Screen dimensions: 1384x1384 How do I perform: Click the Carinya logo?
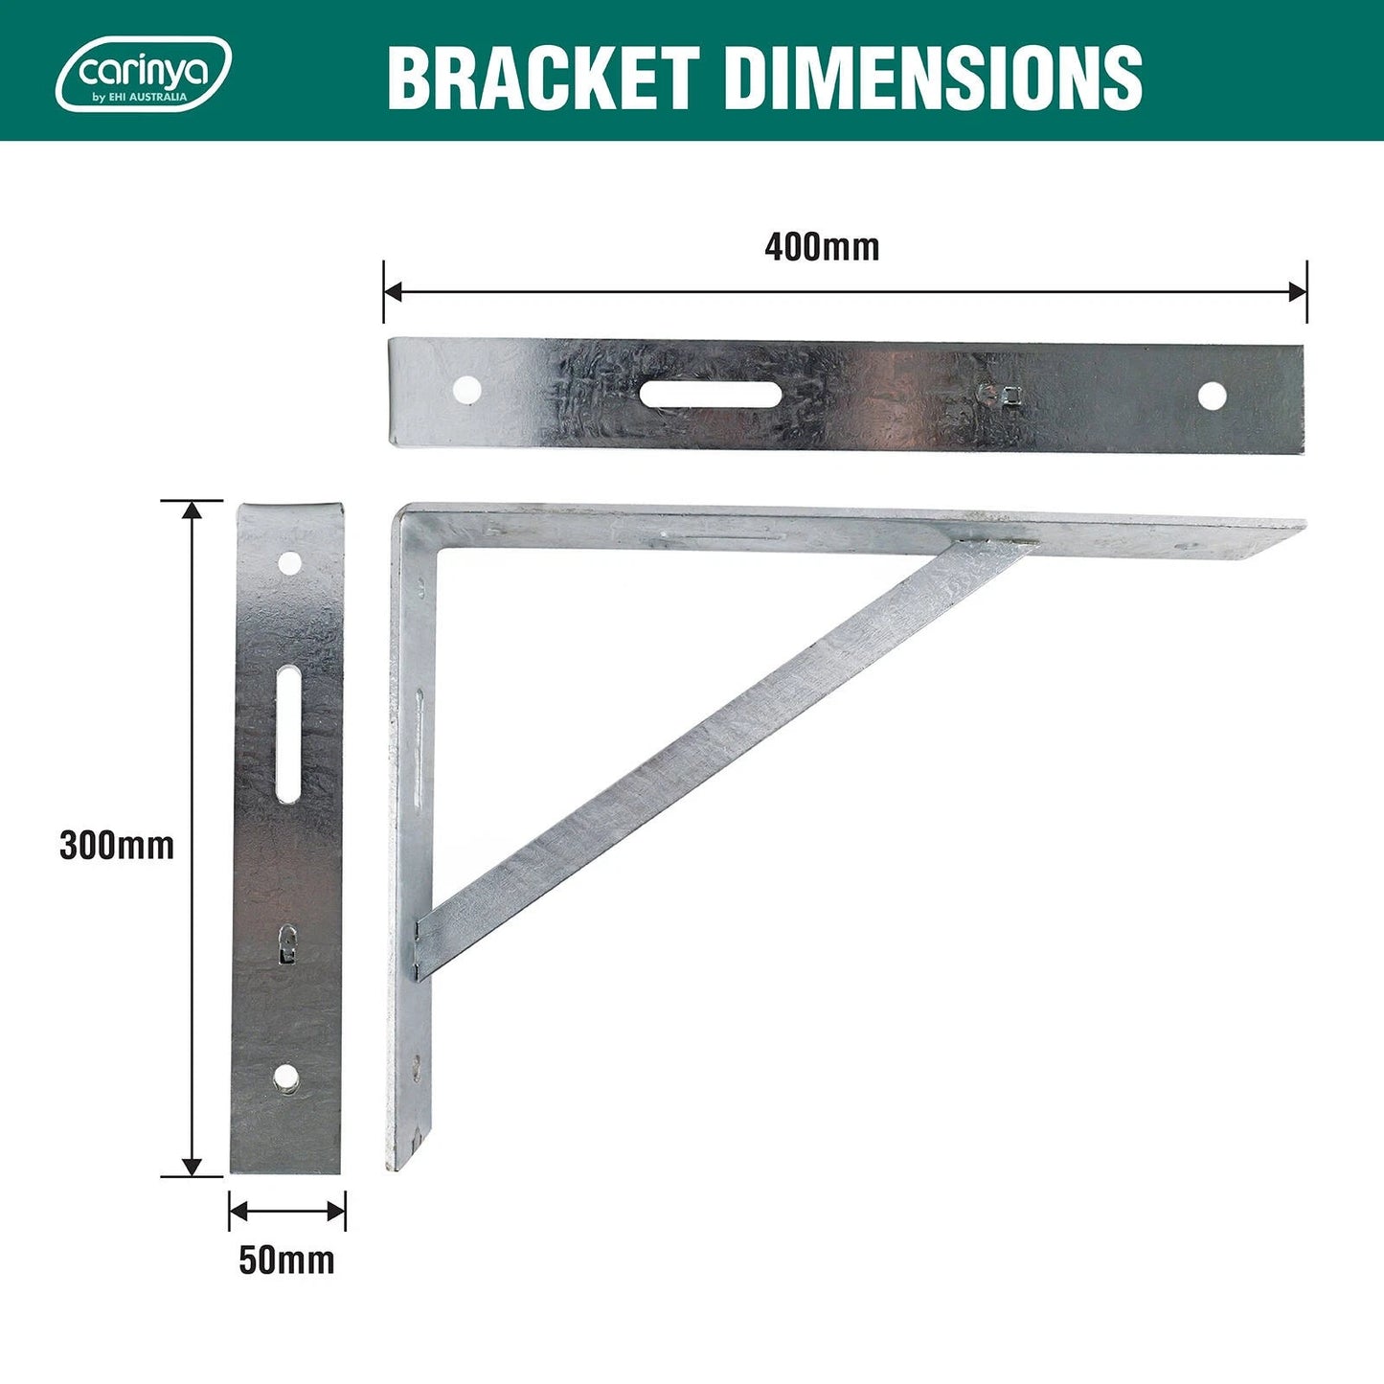(x=144, y=74)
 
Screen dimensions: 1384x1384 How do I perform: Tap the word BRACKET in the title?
(x=542, y=77)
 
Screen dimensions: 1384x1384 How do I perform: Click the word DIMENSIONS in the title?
(x=933, y=77)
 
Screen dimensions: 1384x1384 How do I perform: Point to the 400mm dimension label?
(x=822, y=247)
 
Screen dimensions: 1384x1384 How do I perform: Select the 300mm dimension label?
(x=117, y=846)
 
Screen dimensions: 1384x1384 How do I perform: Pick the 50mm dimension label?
(x=286, y=1260)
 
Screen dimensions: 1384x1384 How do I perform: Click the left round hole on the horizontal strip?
(x=466, y=389)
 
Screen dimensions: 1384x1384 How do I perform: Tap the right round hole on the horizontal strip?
(x=1212, y=396)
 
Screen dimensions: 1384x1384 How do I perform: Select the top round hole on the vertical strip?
(x=288, y=563)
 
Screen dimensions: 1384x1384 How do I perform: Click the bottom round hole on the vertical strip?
(x=285, y=1079)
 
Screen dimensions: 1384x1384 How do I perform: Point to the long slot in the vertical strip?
(x=288, y=735)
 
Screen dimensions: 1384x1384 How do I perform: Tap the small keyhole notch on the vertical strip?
(x=286, y=942)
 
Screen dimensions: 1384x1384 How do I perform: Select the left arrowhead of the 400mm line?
(x=392, y=291)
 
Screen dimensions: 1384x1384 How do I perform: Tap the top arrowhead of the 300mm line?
(x=193, y=510)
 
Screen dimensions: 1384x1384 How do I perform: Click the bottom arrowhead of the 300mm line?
(x=193, y=1167)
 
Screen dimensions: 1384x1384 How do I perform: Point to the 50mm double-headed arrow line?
(x=287, y=1212)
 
